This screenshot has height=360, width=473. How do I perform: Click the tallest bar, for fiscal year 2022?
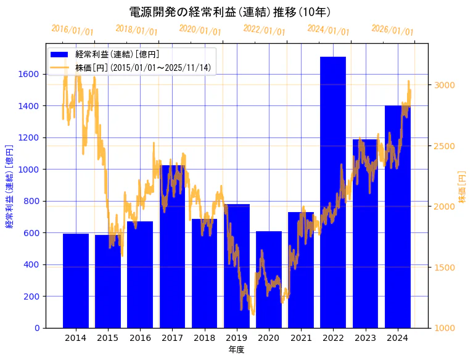[333, 192]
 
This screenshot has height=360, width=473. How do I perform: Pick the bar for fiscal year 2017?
[172, 246]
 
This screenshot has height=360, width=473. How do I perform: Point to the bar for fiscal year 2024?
[398, 216]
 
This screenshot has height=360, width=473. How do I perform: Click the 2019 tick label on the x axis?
[237, 338]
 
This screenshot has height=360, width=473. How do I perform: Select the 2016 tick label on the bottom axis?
[140, 338]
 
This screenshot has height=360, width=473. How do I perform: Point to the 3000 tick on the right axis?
[445, 85]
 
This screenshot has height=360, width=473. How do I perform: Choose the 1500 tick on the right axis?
[445, 268]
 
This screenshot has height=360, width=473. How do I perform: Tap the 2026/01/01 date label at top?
[392, 30]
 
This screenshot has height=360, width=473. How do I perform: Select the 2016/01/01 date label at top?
[72, 30]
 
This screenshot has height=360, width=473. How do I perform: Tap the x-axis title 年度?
[236, 350]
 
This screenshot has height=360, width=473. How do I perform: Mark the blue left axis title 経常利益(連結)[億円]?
[9, 187]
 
